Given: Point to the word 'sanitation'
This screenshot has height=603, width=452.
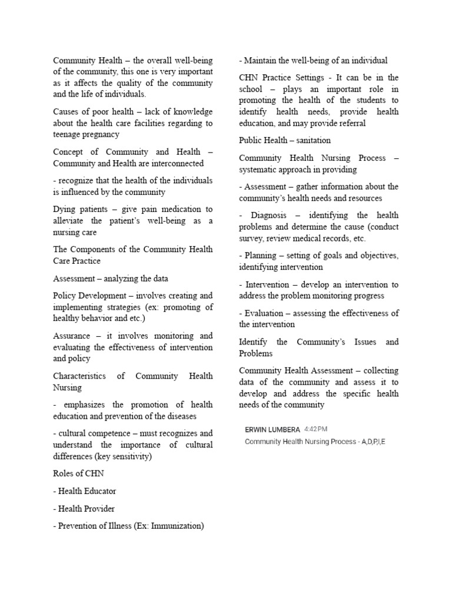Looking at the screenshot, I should (x=311, y=140).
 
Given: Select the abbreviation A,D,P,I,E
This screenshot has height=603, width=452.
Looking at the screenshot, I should (x=370, y=442).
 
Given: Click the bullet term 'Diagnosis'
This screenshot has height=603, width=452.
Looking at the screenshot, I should (x=270, y=215).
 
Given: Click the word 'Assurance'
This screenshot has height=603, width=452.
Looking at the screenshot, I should (x=72, y=336).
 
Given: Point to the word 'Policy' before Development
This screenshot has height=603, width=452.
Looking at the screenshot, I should (x=65, y=295).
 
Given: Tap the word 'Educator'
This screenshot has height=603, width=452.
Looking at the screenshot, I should (x=100, y=491).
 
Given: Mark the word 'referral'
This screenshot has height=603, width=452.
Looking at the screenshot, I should (x=350, y=123).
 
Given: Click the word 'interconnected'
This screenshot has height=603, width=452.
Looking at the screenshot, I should (x=174, y=163).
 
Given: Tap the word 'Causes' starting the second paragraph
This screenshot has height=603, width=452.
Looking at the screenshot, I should (x=67, y=111).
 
